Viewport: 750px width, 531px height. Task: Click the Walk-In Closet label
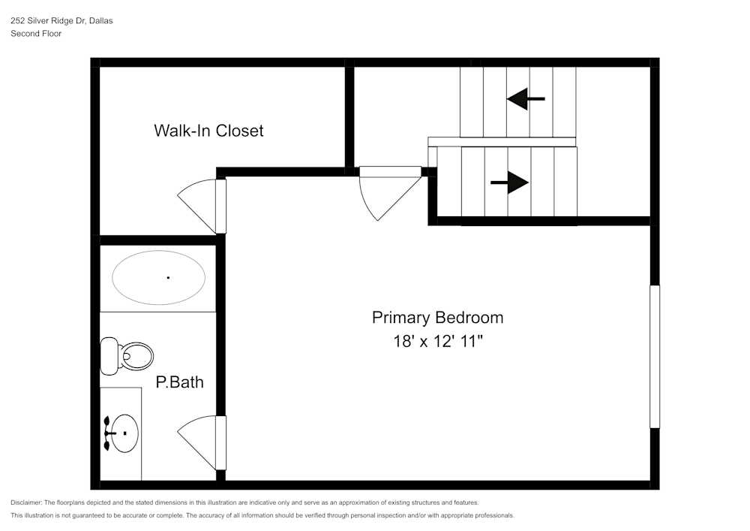(208, 131)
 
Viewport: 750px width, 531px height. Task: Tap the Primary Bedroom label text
(437, 318)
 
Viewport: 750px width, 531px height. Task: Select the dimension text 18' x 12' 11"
(437, 341)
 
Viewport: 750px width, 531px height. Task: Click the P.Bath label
(179, 382)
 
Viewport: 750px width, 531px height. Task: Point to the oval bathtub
(158, 277)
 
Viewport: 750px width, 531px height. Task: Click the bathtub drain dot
(168, 278)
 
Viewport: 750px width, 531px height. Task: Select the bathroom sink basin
(124, 434)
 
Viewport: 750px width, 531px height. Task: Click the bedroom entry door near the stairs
(388, 189)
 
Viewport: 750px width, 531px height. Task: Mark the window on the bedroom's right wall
(654, 356)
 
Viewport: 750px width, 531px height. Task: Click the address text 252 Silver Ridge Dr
(47, 21)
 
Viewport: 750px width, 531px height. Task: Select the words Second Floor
(36, 34)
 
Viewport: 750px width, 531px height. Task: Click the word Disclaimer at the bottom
(26, 502)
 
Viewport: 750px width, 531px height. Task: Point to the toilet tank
(109, 356)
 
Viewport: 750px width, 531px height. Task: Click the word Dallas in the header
(100, 21)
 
